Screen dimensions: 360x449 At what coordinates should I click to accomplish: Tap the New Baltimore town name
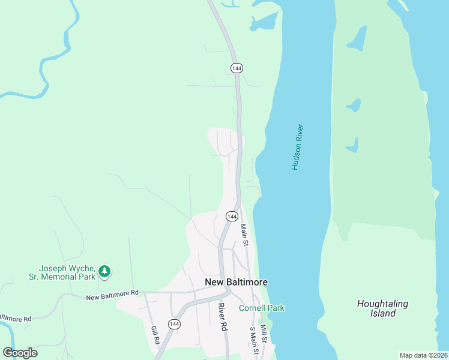tap(236, 282)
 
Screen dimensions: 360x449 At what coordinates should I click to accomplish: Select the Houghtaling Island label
tap(382, 308)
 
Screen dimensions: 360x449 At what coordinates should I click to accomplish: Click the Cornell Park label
tap(262, 308)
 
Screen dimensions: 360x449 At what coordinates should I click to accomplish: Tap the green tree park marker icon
tap(105, 272)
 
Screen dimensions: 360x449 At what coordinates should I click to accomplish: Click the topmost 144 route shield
tap(237, 68)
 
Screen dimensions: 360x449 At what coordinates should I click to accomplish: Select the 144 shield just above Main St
tap(232, 216)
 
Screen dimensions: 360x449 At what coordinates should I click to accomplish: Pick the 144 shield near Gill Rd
tap(174, 324)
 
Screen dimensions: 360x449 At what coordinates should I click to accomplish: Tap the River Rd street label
tap(224, 317)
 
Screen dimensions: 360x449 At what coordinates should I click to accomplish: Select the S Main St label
tap(253, 340)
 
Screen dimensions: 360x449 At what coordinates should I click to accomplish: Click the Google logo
tap(20, 353)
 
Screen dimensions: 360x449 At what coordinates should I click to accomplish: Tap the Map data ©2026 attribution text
tap(423, 355)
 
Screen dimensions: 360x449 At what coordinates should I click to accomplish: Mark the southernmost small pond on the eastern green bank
tap(352, 145)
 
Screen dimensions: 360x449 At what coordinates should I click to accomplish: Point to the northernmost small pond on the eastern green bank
tap(357, 39)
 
